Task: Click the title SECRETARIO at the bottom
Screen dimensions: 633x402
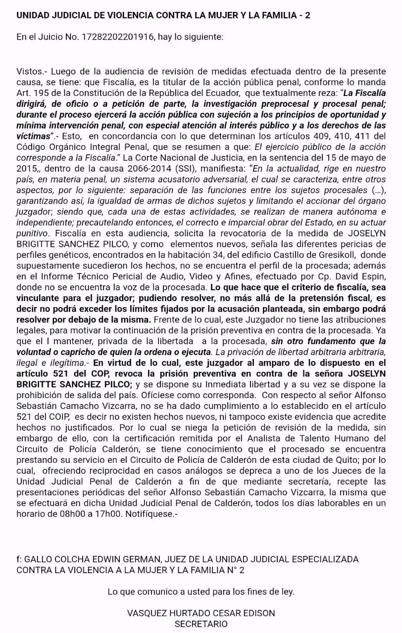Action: click(201, 624)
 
